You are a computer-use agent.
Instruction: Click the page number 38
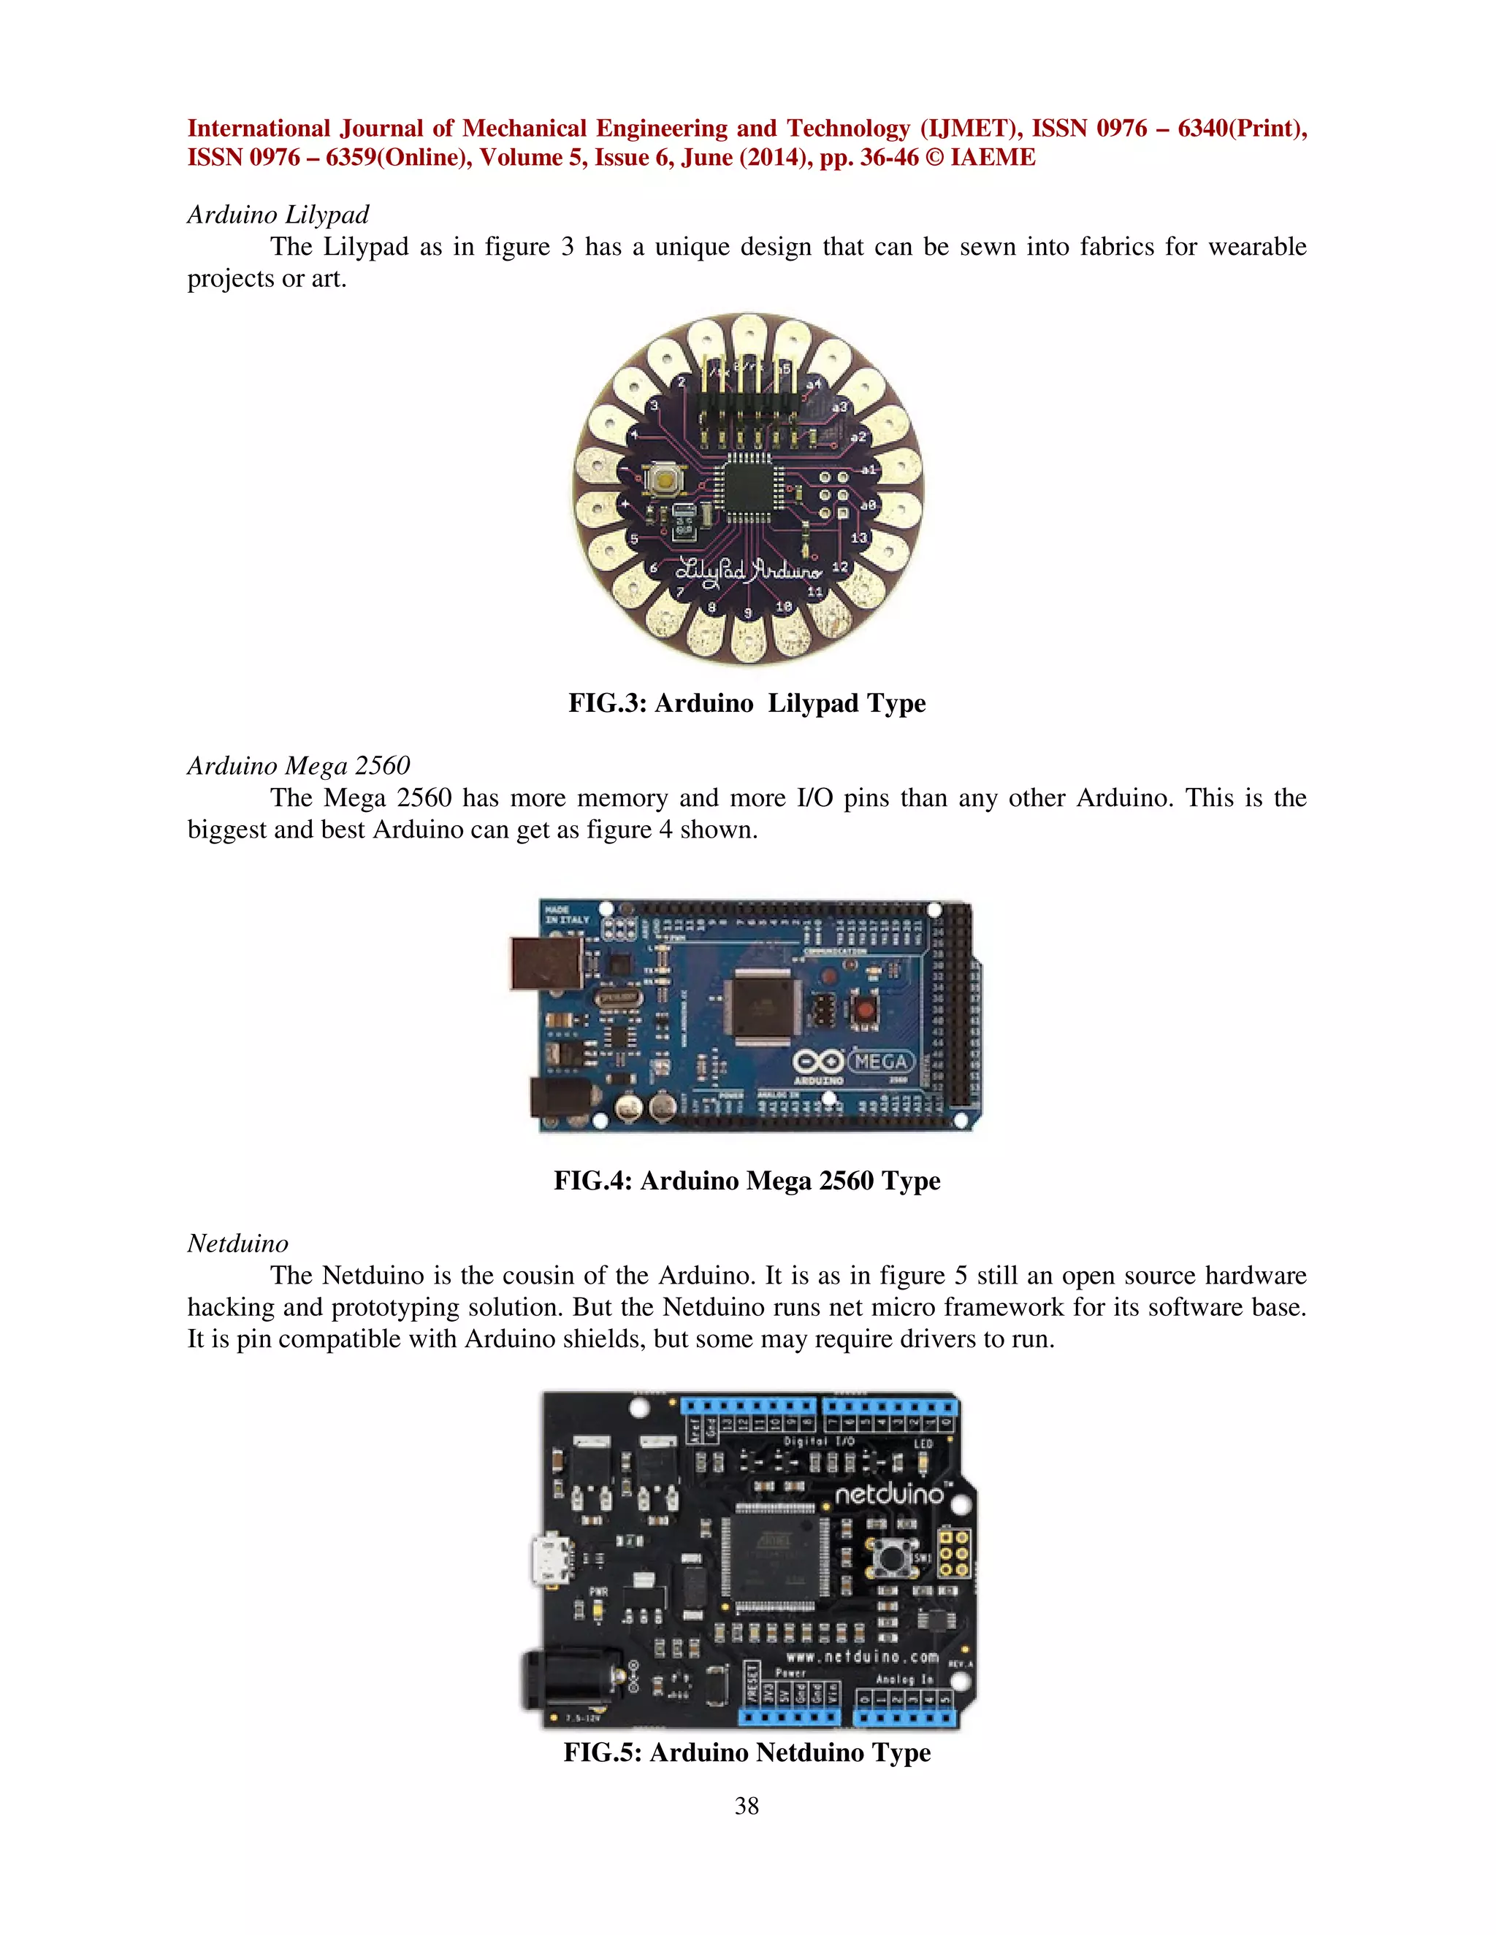[x=747, y=1806]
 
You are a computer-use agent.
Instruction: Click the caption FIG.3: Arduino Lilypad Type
[x=747, y=702]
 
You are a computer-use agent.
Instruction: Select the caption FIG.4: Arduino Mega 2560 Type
[x=747, y=1180]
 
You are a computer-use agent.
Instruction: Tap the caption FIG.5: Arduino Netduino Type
[x=747, y=1752]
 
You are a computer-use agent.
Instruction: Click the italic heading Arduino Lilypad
[x=278, y=215]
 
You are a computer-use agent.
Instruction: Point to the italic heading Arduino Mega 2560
[x=298, y=765]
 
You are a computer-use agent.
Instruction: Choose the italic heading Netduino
[x=237, y=1243]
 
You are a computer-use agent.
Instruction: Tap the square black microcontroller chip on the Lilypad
[x=749, y=486]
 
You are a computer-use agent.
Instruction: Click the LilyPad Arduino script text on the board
[x=749, y=570]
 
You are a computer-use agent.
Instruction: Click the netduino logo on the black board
[x=889, y=1495]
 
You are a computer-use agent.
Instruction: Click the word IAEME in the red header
[x=992, y=158]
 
